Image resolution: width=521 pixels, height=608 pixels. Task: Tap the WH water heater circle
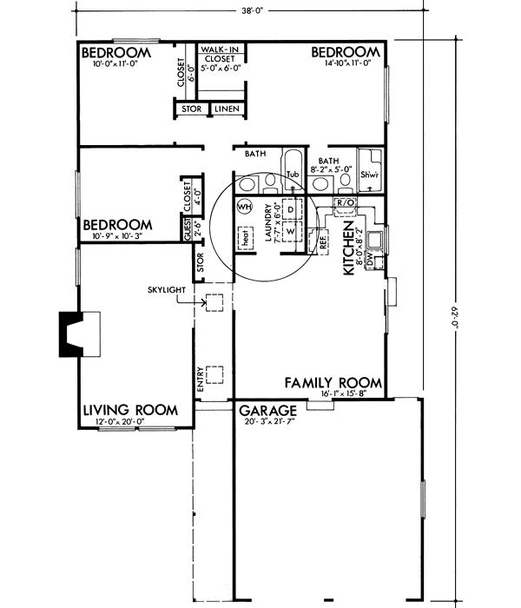pos(242,207)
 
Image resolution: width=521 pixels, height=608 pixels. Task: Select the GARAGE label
pos(268,410)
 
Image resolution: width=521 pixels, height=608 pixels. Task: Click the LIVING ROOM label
pos(130,410)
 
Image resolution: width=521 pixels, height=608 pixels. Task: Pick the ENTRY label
pos(201,381)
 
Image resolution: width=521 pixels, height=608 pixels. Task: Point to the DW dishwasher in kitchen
pos(370,260)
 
